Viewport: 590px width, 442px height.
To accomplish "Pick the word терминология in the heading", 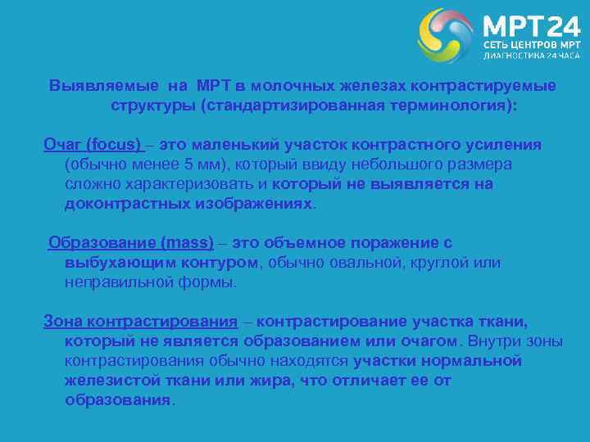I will point(448,106).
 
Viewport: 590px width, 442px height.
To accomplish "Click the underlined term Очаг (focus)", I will point(93,144).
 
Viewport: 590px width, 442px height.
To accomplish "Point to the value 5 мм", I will point(200,164).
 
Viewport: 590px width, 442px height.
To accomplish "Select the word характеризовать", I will point(187,184).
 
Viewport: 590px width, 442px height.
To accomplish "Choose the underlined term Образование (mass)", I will point(131,243).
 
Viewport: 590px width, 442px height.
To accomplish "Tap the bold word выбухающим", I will point(115,263).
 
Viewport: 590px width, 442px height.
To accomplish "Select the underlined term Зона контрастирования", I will point(140,322).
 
